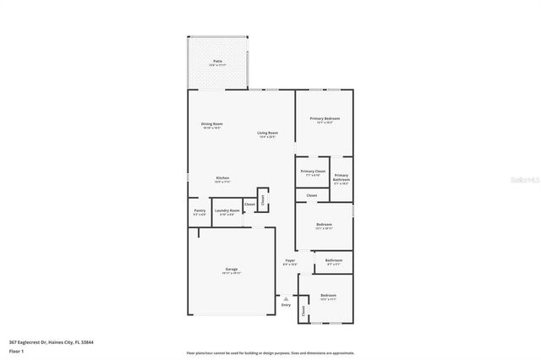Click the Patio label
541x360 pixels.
(217, 62)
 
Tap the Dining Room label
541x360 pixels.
(211, 124)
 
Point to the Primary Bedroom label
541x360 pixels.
(324, 119)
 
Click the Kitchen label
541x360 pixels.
(222, 177)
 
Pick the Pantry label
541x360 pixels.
(199, 210)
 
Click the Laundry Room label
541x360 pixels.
(227, 210)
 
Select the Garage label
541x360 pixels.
(232, 269)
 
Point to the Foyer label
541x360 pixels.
(290, 260)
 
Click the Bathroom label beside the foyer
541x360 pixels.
(334, 260)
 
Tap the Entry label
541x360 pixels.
(286, 304)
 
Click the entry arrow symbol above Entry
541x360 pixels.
(286, 297)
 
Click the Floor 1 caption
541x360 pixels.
(17, 350)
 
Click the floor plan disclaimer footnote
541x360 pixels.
(270, 352)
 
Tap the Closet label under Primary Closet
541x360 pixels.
(312, 195)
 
